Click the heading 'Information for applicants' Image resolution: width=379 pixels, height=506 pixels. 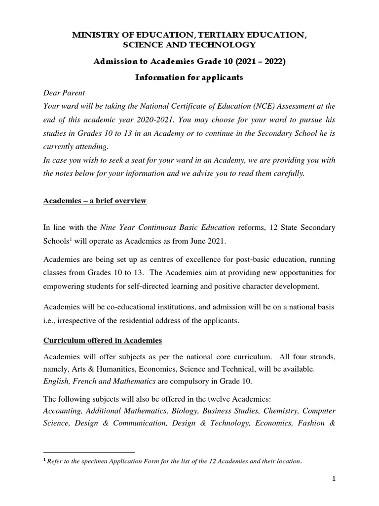coord(189,79)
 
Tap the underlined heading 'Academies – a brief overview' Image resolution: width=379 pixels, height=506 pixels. coord(95,201)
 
